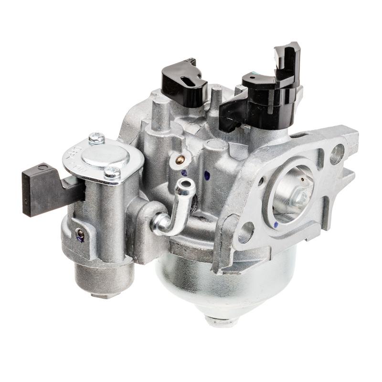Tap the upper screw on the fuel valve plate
pyautogui.click(x=96, y=138)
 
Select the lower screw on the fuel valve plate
pyautogui.click(x=112, y=172)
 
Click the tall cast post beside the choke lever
pyautogui.click(x=161, y=115)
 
